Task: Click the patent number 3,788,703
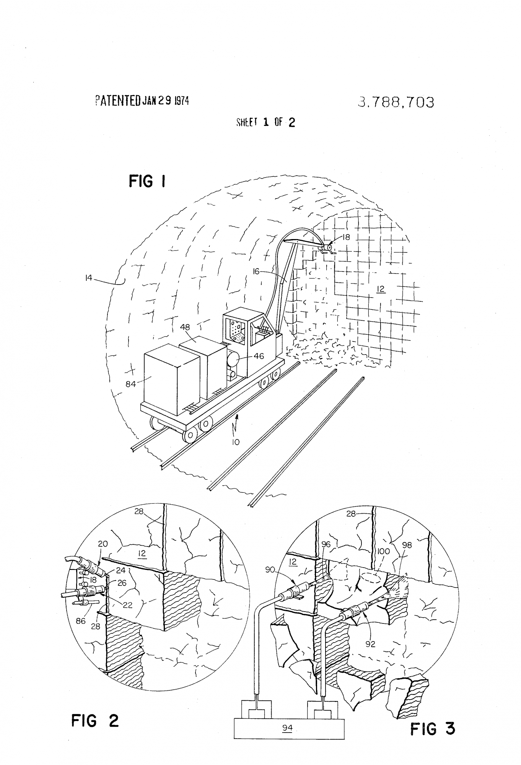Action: [x=396, y=102]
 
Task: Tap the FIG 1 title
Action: [x=147, y=181]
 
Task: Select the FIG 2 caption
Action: [x=95, y=721]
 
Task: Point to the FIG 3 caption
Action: [x=433, y=729]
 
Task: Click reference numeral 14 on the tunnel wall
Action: [x=89, y=278]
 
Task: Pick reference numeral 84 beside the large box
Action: [x=131, y=384]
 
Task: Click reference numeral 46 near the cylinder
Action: [x=259, y=356]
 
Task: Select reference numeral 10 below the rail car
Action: [x=236, y=442]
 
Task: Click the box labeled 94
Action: [x=289, y=728]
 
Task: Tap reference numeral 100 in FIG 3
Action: [x=383, y=551]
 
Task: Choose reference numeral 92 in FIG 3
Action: [x=370, y=644]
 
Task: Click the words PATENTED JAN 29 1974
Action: [x=142, y=101]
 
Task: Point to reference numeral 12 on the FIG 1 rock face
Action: [x=381, y=289]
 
